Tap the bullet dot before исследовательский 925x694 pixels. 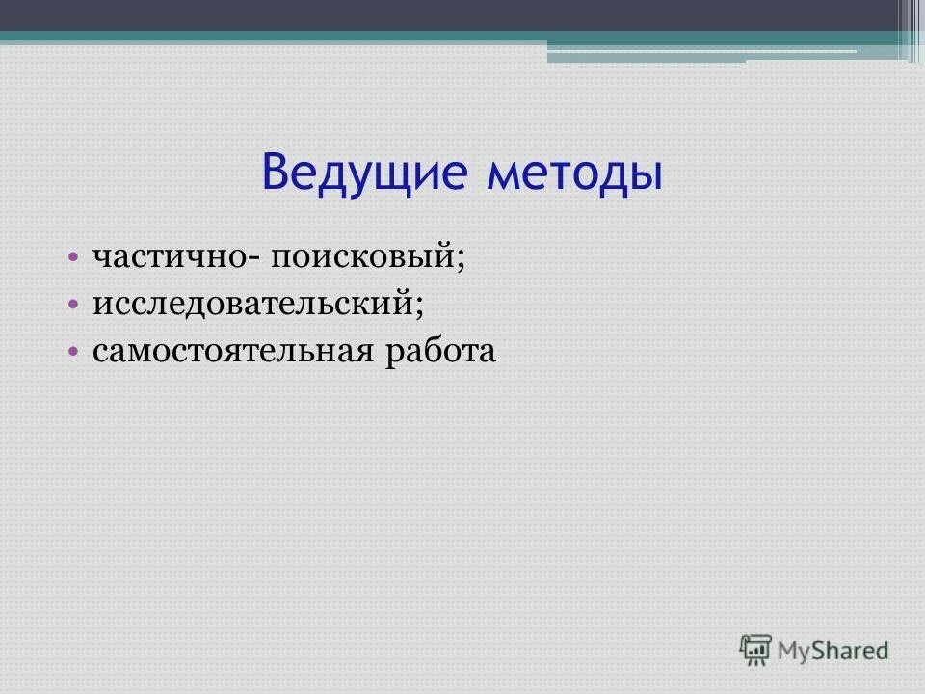point(74,305)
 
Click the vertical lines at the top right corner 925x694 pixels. point(911,29)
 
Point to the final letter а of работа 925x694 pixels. point(487,353)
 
